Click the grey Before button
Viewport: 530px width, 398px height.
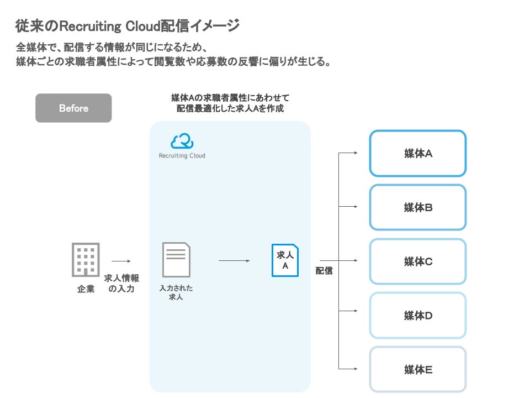(x=73, y=108)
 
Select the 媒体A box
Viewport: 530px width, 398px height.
(x=418, y=154)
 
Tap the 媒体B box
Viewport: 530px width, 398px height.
(x=418, y=207)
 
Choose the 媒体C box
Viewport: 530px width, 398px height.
(x=418, y=261)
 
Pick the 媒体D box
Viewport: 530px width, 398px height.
(x=418, y=316)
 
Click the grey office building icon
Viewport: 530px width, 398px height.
(x=86, y=260)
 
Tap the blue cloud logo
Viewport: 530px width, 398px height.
(x=182, y=141)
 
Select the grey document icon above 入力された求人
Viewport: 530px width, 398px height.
(x=176, y=260)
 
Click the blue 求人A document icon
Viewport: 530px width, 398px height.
(x=285, y=260)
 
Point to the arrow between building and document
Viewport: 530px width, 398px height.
(x=121, y=261)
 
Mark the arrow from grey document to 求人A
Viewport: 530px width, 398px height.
(x=239, y=260)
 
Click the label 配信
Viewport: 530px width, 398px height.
(x=324, y=271)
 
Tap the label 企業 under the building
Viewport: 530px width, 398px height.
(x=86, y=289)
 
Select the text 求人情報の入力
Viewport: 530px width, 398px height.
(x=121, y=284)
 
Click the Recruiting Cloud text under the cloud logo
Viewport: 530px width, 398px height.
(x=182, y=156)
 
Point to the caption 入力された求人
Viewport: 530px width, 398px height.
(x=176, y=292)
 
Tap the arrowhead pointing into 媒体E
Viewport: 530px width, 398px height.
(x=357, y=369)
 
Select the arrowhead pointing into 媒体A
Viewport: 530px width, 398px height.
(x=357, y=153)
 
